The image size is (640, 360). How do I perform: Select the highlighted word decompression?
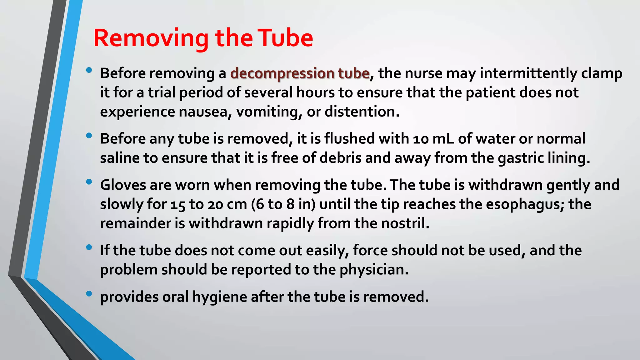coord(282,74)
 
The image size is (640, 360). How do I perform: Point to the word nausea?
coord(202,112)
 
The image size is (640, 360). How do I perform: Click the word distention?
coord(362,112)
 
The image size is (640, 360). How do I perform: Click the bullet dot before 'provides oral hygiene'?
coord(89,293)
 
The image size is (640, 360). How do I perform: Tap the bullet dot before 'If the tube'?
coord(89,247)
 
